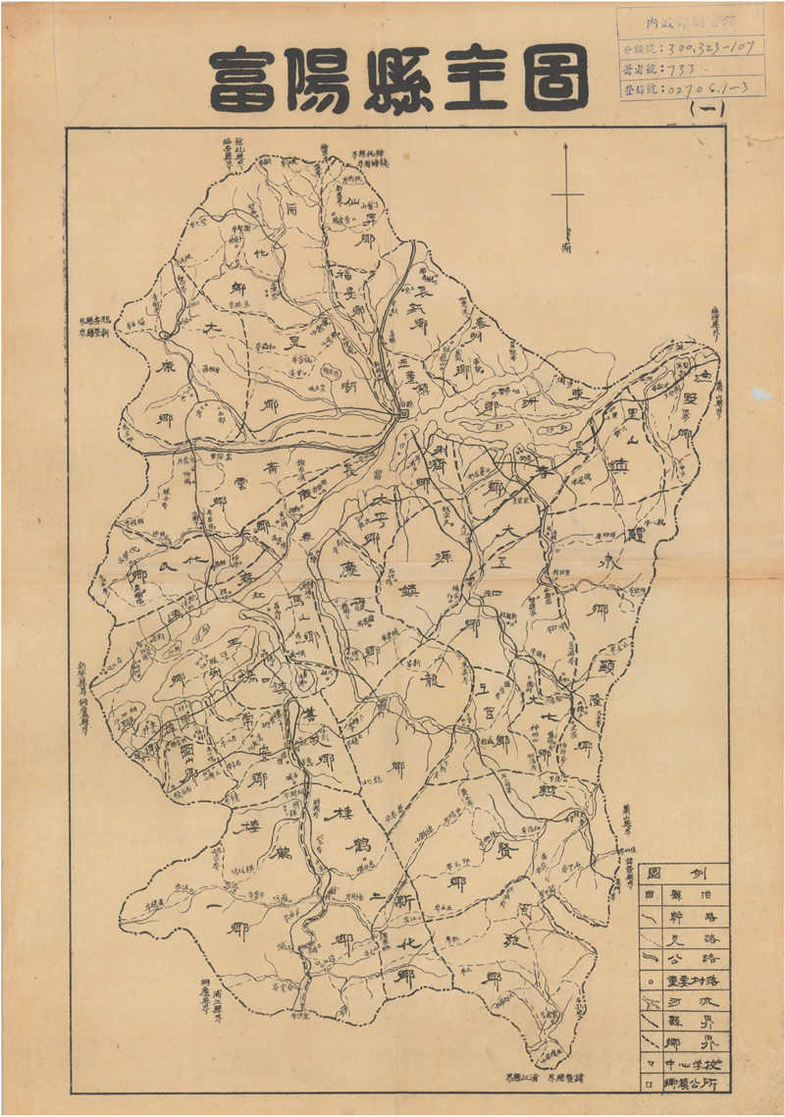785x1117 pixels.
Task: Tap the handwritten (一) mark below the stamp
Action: coord(708,111)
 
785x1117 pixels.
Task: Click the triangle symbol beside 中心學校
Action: coord(650,1065)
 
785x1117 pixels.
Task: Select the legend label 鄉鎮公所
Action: coord(697,1085)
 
